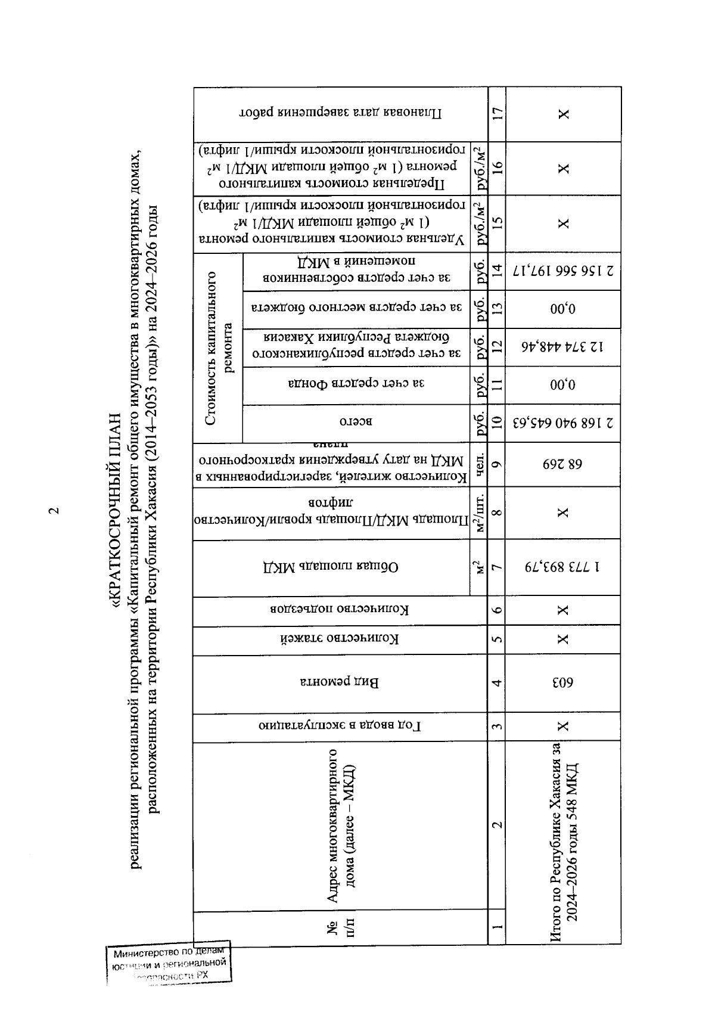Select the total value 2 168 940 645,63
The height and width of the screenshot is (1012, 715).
(x=563, y=424)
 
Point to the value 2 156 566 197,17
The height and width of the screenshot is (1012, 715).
(x=563, y=272)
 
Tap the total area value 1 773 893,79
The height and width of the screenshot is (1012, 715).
(x=563, y=569)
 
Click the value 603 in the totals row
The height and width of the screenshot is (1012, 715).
(x=563, y=684)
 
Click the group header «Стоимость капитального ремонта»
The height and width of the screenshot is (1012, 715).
(x=218, y=348)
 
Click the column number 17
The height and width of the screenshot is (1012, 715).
(x=497, y=114)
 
